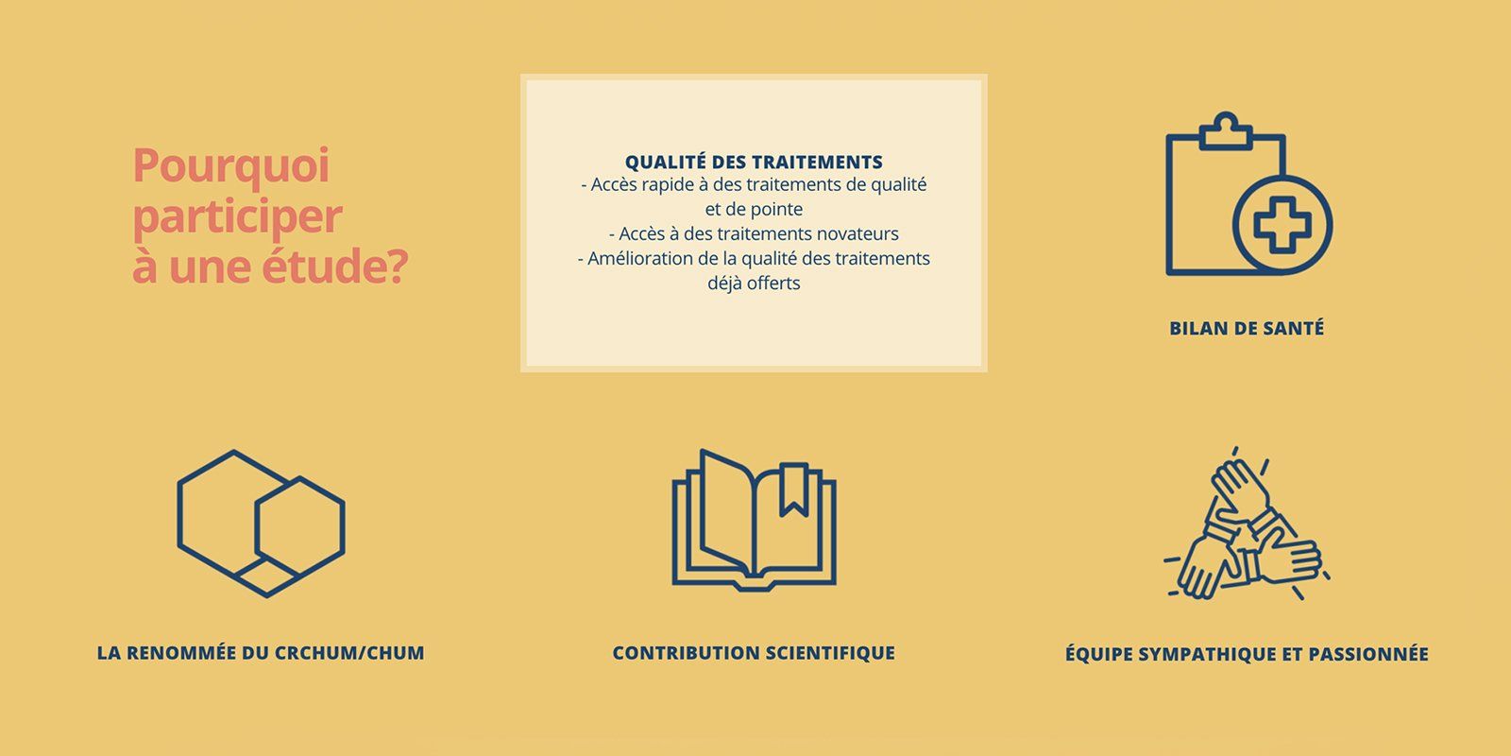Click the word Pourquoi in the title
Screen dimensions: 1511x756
231,166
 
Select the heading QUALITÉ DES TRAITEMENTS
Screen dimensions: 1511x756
754,162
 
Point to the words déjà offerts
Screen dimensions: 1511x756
754,283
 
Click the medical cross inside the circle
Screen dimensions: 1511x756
1282,225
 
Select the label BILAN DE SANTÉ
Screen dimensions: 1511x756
1247,328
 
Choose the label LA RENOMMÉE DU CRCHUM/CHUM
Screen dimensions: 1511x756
261,653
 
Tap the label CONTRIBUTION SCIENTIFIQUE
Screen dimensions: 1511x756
754,653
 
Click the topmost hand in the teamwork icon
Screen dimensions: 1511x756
1240,485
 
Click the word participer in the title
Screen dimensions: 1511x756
237,218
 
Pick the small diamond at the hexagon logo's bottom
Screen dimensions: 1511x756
268,577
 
